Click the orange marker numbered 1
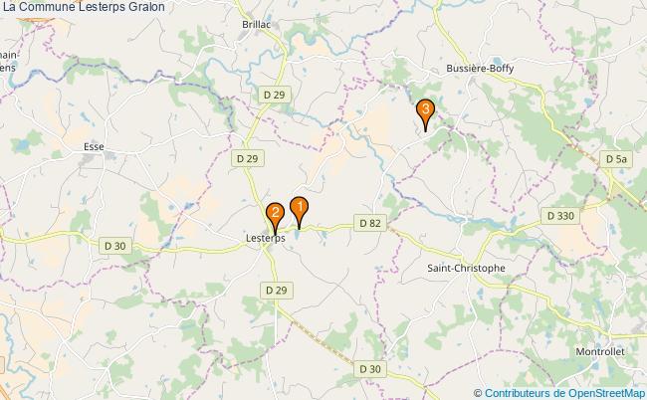298,208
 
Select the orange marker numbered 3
425,109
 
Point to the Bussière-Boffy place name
479,71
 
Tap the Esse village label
95,146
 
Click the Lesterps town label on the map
266,239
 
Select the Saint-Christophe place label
466,268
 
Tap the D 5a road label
616,158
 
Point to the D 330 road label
560,215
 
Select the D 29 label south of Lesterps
276,289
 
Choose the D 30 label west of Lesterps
114,245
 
